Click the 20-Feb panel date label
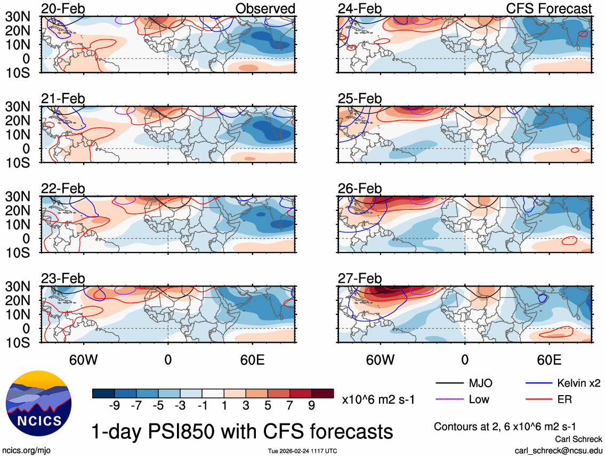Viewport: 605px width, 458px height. point(63,9)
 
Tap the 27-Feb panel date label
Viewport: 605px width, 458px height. point(360,279)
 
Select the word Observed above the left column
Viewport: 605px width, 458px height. point(265,9)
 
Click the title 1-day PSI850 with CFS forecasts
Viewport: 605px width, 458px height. point(243,431)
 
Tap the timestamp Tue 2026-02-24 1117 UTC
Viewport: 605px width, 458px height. point(302,451)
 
